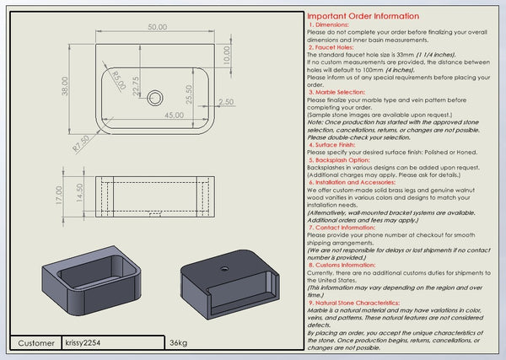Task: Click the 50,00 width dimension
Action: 157,28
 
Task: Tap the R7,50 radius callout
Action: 81,143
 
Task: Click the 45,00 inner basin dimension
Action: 175,115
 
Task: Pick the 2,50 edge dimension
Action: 225,102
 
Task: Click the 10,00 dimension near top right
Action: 226,55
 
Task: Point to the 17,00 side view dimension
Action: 58,197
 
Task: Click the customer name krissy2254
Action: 82,343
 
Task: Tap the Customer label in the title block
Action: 35,343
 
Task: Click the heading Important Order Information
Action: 363,16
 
